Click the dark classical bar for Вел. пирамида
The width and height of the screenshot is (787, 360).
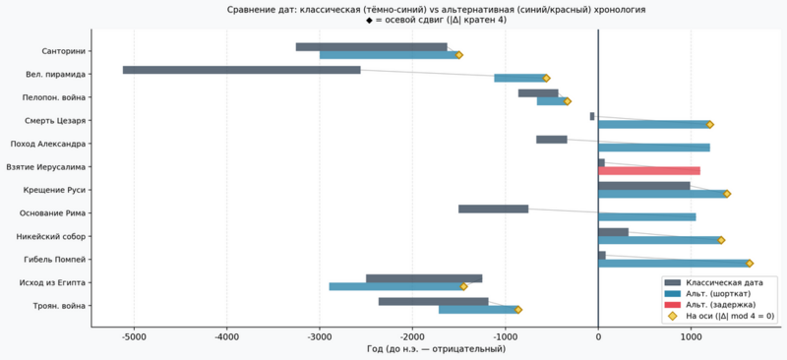(x=241, y=70)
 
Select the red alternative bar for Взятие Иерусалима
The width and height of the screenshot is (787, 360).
(x=649, y=171)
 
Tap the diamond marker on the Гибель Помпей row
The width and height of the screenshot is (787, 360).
(x=750, y=263)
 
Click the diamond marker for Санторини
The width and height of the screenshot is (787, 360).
(x=458, y=55)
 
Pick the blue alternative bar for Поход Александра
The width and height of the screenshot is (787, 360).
(x=654, y=148)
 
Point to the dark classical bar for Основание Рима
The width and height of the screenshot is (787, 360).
(x=494, y=209)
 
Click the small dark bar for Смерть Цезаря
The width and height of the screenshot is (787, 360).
(x=592, y=116)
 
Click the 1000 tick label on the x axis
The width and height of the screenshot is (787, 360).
(x=691, y=337)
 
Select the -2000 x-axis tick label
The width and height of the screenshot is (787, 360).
(x=412, y=337)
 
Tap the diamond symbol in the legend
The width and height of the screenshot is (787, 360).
(x=673, y=316)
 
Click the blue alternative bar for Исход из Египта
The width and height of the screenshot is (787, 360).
(x=396, y=286)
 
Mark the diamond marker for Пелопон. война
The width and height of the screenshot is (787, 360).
(x=568, y=101)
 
